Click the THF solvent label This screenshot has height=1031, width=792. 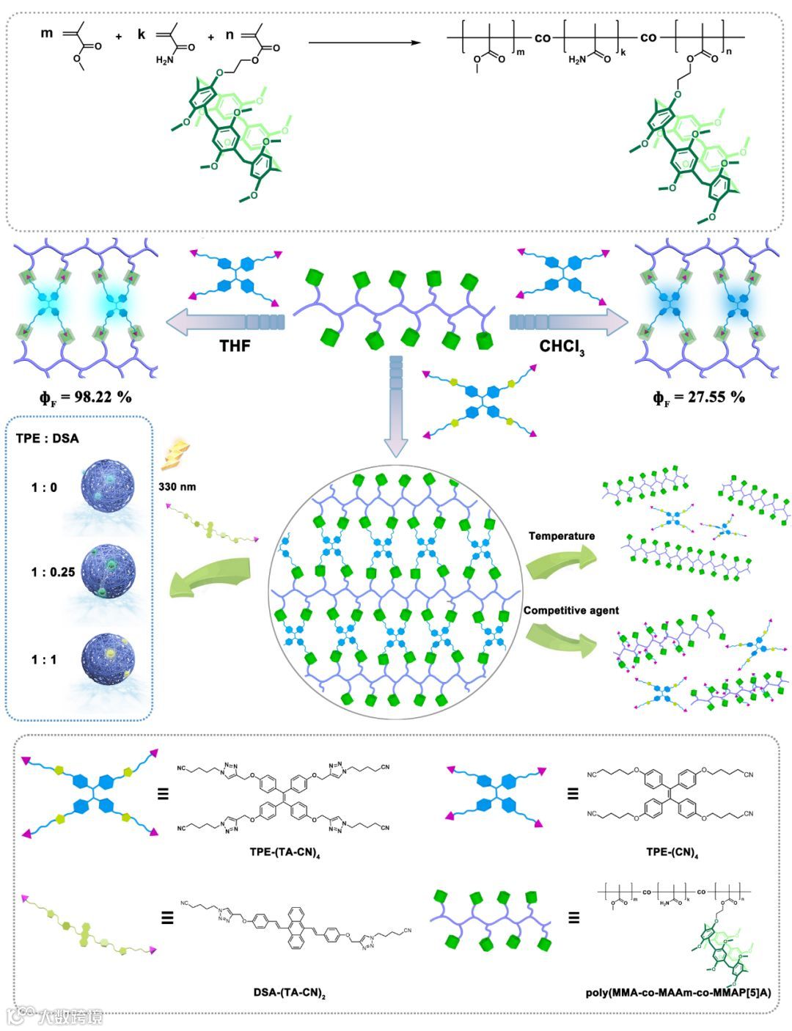(235, 345)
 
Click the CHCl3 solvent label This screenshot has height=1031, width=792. (562, 346)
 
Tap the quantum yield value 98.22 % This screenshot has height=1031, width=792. (86, 397)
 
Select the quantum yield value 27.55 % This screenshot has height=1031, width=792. (699, 397)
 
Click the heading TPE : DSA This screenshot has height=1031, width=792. (48, 439)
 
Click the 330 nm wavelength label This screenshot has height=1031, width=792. (177, 486)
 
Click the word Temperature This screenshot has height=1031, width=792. (562, 536)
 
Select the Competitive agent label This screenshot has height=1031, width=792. (571, 610)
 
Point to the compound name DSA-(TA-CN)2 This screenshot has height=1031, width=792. (289, 994)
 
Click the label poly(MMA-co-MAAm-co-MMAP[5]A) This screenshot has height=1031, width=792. (678, 994)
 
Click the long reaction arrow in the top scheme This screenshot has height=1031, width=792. (364, 43)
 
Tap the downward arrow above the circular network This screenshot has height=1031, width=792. (396, 411)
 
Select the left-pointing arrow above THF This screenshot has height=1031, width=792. (224, 320)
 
